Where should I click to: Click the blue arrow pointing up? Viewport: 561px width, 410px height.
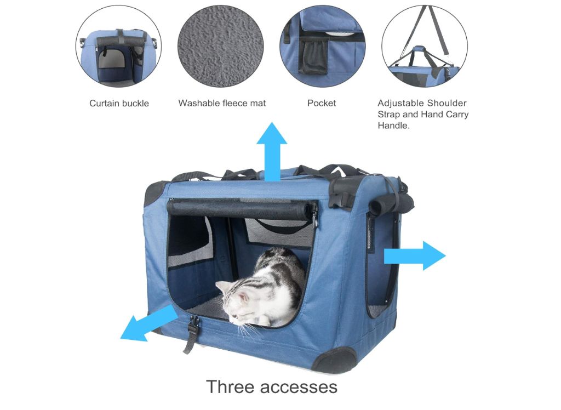click(x=272, y=152)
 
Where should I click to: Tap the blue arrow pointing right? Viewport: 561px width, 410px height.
click(x=415, y=255)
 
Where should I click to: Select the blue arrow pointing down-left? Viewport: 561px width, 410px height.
click(x=148, y=323)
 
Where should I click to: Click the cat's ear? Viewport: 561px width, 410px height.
click(x=222, y=287)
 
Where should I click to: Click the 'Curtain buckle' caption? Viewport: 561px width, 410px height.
click(x=119, y=104)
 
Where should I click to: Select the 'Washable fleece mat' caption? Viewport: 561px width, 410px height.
click(x=222, y=103)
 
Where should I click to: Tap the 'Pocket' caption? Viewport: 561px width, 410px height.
click(x=322, y=103)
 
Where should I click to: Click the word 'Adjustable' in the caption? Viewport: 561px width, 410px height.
click(x=398, y=103)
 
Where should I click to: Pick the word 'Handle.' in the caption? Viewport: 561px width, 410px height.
click(x=393, y=126)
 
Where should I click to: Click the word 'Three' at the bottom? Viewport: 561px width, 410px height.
click(x=231, y=387)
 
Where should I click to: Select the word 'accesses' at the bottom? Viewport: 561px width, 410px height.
click(x=299, y=388)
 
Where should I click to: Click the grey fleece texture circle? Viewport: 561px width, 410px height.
click(x=221, y=46)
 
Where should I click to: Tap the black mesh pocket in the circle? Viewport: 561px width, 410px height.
click(x=313, y=56)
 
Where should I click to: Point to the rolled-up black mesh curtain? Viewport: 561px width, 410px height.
click(x=242, y=209)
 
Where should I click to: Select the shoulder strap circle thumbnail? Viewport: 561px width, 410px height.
click(x=425, y=46)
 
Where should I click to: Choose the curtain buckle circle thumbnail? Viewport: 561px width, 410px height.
click(x=118, y=46)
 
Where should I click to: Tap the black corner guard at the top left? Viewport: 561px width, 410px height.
click(x=155, y=192)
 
